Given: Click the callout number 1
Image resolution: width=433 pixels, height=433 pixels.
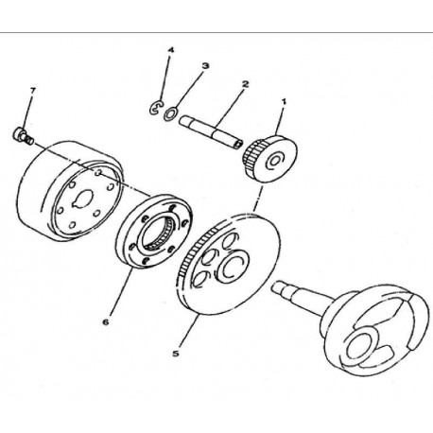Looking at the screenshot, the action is tap(284, 101).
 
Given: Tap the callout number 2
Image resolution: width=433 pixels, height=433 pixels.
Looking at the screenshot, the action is tap(245, 84).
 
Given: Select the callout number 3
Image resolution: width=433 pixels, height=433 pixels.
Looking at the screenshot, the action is tap(205, 66).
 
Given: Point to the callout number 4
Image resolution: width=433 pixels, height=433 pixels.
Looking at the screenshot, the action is tap(170, 50).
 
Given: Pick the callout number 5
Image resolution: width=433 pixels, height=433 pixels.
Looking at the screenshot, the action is tap(176, 354).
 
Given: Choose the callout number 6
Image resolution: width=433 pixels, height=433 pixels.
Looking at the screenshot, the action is tap(106, 322).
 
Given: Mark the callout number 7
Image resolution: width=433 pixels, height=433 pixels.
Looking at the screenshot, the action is tap(33, 91).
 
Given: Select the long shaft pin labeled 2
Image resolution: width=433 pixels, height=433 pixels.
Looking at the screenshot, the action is tap(211, 131).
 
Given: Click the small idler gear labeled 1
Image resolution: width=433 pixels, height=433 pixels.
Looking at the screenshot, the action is tap(271, 159).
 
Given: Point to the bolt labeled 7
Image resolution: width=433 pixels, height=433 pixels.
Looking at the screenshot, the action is tap(23, 135).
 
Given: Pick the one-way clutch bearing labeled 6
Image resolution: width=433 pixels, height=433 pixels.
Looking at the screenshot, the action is tap(154, 231).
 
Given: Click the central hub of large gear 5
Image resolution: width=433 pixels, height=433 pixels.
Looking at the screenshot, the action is tap(233, 264).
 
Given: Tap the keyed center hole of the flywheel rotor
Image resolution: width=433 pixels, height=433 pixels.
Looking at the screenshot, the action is tap(82, 199).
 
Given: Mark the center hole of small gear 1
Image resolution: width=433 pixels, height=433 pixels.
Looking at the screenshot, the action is tap(274, 161).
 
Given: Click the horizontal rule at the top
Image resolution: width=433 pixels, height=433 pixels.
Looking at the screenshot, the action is tap(216, 32).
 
